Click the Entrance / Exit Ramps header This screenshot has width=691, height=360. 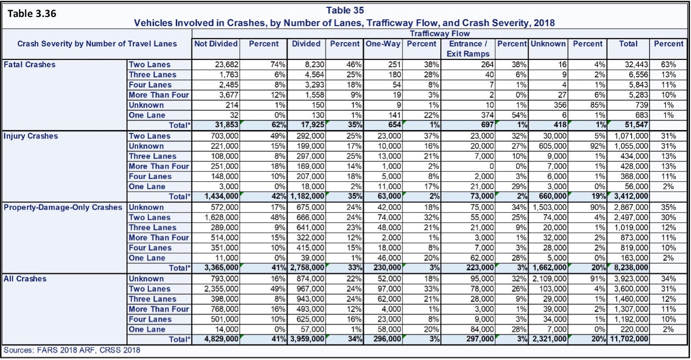click(468, 48)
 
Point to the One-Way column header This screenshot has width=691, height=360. click(383, 43)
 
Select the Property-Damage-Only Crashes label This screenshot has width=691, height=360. click(63, 207)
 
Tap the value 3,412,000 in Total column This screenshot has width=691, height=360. click(631, 197)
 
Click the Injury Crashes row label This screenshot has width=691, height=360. click(30, 136)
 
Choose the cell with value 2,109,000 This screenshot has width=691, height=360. click(549, 279)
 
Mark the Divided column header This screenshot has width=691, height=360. click(306, 43)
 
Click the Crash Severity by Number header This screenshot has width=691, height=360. click(97, 43)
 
